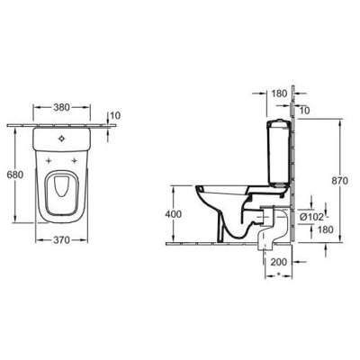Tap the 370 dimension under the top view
click(x=61, y=241)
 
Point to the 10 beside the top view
click(x=113, y=115)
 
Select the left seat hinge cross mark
click(x=47, y=159)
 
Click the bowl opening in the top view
click(x=60, y=187)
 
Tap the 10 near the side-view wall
click(x=303, y=109)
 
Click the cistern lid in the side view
click(x=276, y=121)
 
